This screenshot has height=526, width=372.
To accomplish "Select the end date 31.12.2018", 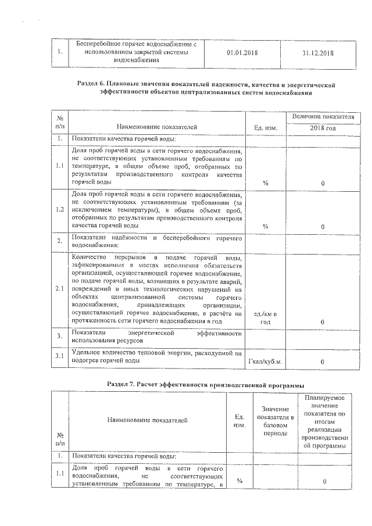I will pos(318,53).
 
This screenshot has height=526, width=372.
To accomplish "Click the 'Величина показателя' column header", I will pos(323,116).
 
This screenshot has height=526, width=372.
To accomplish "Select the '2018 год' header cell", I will pos(323,127).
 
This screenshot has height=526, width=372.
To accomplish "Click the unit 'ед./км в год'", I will pos(265,318).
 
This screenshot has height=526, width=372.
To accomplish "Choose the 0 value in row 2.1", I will pos(323,321).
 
